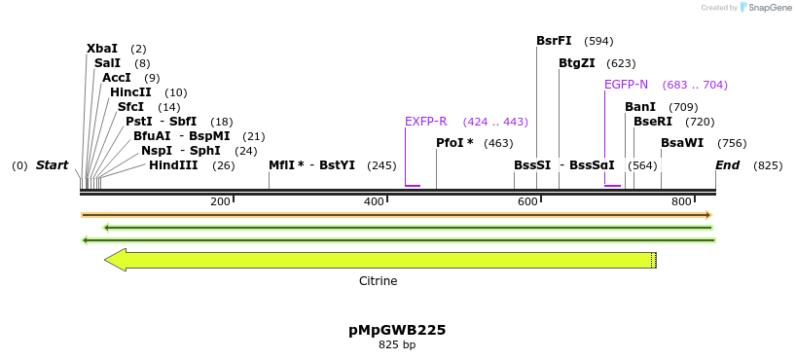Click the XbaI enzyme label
click(x=102, y=49)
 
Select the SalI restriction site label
click(x=107, y=63)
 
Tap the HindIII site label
click(x=173, y=165)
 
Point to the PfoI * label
click(x=454, y=143)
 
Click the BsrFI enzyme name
click(x=554, y=41)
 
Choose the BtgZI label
click(x=577, y=63)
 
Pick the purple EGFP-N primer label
click(x=626, y=85)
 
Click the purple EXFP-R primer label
click(x=426, y=122)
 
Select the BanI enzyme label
click(x=640, y=107)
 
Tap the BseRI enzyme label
click(x=653, y=122)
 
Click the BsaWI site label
click(x=682, y=143)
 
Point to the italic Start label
click(x=53, y=165)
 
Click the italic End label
click(x=728, y=165)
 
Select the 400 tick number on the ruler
click(x=374, y=201)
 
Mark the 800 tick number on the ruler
click(x=681, y=201)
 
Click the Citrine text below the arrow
click(x=379, y=281)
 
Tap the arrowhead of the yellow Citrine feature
click(x=116, y=260)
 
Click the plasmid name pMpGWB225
click(x=397, y=330)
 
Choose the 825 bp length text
click(x=397, y=344)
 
